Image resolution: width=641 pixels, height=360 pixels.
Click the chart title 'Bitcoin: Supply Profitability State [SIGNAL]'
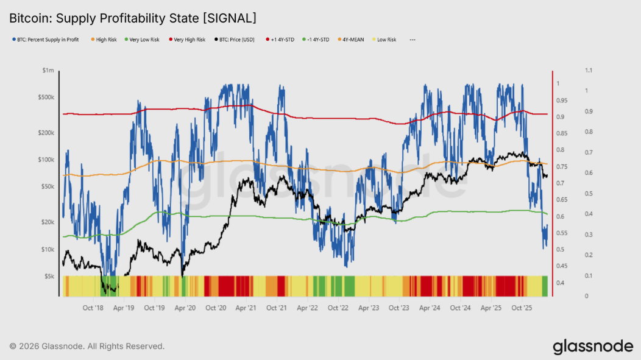(132, 18)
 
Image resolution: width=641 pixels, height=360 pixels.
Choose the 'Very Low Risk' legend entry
(144, 40)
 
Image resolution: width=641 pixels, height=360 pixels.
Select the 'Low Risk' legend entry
(386, 40)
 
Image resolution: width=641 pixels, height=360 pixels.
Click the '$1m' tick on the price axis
(48, 71)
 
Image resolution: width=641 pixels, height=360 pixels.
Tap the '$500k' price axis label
(46, 97)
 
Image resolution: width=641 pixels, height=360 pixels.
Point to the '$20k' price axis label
(47, 222)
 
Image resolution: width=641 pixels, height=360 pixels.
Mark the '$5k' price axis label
(49, 276)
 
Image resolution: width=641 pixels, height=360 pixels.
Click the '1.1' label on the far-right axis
(588, 71)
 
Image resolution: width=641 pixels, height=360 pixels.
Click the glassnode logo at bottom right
(593, 347)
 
